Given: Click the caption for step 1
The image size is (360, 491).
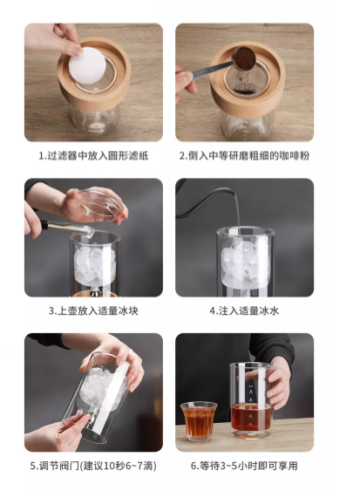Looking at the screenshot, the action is click(x=93, y=155).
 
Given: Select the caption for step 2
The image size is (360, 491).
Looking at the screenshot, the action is click(x=244, y=155).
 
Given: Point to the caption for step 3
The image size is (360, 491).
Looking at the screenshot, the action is click(x=93, y=311).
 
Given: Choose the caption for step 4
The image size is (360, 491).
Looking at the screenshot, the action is click(x=244, y=311).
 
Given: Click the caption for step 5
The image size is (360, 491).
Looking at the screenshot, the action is click(x=93, y=466).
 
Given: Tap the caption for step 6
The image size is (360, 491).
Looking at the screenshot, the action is click(x=244, y=466).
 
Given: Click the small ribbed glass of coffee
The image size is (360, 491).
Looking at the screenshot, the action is click(x=199, y=421).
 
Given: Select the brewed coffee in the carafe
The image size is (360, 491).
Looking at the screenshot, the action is click(x=250, y=418).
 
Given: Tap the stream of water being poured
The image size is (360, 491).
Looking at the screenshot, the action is click(x=238, y=208).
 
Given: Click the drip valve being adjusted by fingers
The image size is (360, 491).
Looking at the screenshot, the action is click(x=92, y=417).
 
